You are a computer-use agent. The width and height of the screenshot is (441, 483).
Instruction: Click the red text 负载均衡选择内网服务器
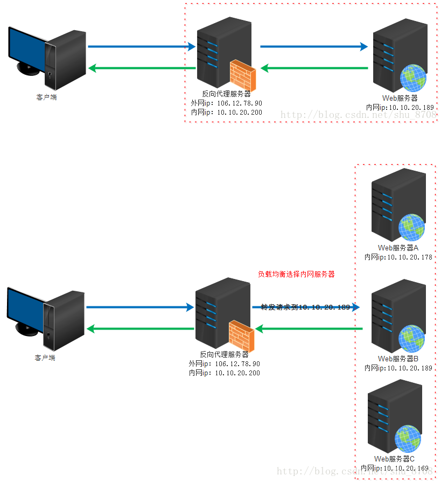[x=296, y=274]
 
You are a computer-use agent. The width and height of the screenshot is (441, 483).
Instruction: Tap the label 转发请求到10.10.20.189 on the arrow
[x=305, y=307]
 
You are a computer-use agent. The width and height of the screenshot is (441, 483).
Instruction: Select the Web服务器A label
[x=398, y=248]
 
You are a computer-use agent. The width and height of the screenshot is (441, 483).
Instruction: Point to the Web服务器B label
[x=398, y=359]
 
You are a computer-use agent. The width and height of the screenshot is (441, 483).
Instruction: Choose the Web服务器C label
[x=395, y=459]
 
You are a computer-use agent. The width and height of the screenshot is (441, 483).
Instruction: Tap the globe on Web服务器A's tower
[x=411, y=227]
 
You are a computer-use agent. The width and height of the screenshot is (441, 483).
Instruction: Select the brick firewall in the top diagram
[x=243, y=74]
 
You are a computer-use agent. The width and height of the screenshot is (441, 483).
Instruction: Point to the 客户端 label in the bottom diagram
[x=45, y=357]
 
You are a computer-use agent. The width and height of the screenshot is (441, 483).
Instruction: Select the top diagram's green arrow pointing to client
[x=142, y=68]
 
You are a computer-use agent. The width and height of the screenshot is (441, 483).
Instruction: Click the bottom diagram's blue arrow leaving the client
[x=139, y=307]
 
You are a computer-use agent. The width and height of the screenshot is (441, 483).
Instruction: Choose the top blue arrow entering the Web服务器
[x=314, y=46]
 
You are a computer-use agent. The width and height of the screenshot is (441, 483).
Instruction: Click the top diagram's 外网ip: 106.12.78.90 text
[x=226, y=103]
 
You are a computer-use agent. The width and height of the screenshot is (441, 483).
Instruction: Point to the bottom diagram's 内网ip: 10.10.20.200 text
[x=224, y=373]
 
